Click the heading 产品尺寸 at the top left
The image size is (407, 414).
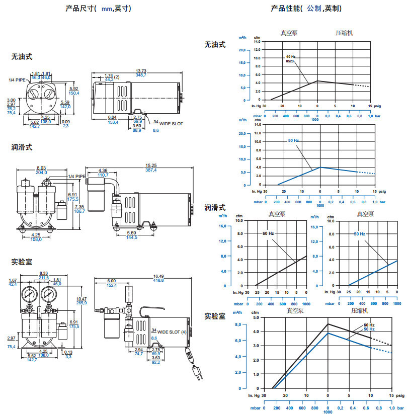point(80,9)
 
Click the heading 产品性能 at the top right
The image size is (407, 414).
point(285,9)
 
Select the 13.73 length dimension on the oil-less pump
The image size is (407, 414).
point(141,71)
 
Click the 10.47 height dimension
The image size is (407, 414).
point(81,299)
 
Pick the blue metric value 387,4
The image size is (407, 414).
point(151,170)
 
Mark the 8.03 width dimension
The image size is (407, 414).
point(41,168)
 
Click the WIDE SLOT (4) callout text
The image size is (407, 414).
point(171,333)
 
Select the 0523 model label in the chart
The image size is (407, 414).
point(290,61)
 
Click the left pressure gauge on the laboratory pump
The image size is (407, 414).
point(28,294)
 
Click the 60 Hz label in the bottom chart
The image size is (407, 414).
point(369,325)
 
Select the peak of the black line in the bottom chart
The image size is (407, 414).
point(328,323)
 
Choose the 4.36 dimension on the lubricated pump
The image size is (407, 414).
point(103,171)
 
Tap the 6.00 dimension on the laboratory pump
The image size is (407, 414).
point(112,281)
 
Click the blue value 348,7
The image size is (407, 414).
point(141,75)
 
